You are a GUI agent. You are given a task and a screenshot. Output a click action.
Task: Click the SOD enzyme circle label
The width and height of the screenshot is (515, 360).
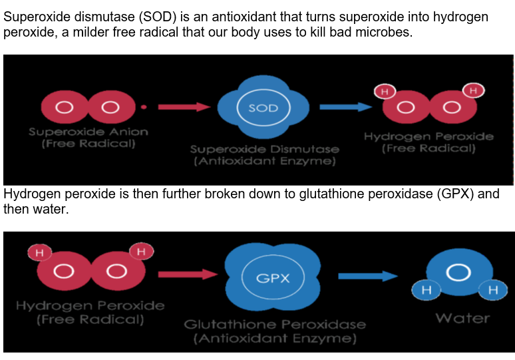(263, 108)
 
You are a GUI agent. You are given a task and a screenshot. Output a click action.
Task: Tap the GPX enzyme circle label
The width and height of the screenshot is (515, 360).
(273, 278)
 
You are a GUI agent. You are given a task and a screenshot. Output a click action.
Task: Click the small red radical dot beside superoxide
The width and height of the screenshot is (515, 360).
(144, 106)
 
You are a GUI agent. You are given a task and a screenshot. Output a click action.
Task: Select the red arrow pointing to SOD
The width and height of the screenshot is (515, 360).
(184, 106)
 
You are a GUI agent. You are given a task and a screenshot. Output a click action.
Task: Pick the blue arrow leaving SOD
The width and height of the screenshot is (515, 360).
(346, 106)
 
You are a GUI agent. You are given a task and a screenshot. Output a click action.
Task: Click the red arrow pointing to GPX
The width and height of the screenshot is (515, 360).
(188, 274)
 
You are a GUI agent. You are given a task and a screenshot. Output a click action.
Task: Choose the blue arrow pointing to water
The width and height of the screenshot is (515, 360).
(368, 276)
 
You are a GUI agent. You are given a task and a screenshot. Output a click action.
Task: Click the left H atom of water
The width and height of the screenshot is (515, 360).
(427, 289)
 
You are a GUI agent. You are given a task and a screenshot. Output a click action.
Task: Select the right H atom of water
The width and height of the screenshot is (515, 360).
(493, 289)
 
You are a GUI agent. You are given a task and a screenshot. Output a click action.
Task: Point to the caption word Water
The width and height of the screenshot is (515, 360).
(462, 318)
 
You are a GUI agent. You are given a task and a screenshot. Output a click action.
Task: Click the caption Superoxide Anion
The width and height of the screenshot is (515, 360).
(88, 132)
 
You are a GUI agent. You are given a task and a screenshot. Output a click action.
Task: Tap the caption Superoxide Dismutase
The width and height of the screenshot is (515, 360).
(264, 149)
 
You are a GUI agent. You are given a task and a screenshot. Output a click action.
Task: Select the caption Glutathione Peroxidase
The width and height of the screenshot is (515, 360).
(275, 325)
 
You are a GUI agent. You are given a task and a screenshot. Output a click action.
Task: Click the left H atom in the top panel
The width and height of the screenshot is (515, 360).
(385, 91)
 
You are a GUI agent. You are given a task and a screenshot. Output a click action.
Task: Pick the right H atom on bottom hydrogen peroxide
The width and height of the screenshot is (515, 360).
(141, 252)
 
